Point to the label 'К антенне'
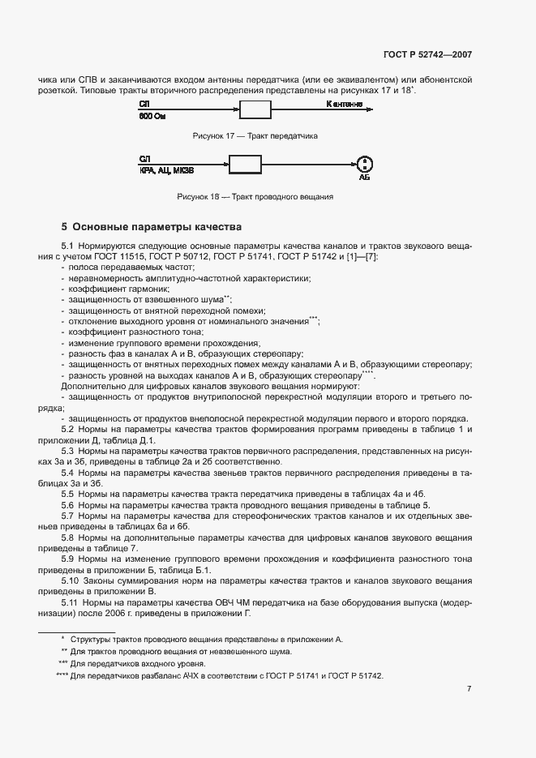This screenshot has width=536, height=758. point(344,105)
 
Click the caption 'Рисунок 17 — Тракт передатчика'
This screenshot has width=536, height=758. point(255,135)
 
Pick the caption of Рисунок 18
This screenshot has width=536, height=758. point(255,197)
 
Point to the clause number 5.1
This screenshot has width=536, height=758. point(68,246)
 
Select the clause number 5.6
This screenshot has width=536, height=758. point(68,504)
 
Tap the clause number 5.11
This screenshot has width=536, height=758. point(71,603)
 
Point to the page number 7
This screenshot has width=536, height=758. point(470,689)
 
